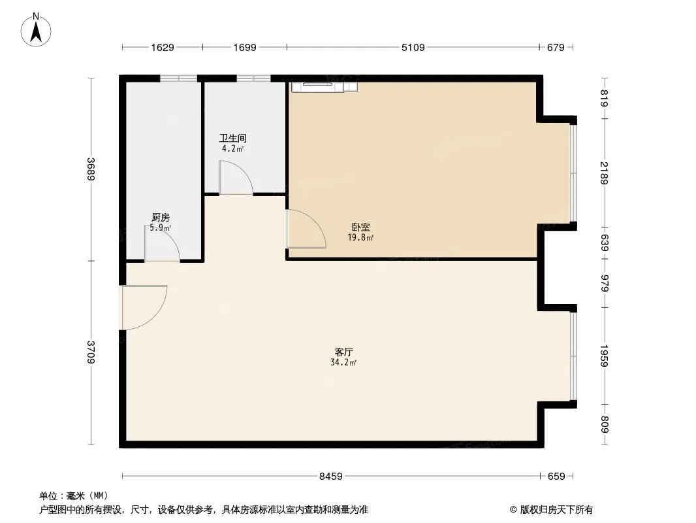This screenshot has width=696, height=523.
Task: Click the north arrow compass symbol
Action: coord(36,30)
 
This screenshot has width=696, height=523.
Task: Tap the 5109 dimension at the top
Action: coord(413,48)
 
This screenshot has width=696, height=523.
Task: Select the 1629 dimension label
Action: coord(163,48)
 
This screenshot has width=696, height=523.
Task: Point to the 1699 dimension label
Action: coord(245,48)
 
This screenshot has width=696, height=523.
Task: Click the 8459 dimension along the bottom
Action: coord(330,477)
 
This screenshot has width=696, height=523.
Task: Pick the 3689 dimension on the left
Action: coord(91,169)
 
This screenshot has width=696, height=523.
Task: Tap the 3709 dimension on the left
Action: coord(91,352)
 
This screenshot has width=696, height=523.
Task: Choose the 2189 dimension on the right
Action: coord(604,173)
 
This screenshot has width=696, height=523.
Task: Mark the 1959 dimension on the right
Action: coord(604,356)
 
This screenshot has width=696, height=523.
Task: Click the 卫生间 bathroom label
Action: coord(232,138)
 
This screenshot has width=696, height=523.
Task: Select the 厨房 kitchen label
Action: coord(160,218)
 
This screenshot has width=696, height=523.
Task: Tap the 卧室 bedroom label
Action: coord(361,227)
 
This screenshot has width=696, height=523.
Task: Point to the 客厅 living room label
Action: coord(343,352)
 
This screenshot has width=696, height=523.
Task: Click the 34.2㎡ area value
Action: coord(343,363)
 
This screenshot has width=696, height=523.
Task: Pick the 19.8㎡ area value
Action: coord(360,238)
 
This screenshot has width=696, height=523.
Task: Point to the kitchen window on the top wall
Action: coord(178,78)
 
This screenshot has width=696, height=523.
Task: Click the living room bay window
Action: coord(573,356)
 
